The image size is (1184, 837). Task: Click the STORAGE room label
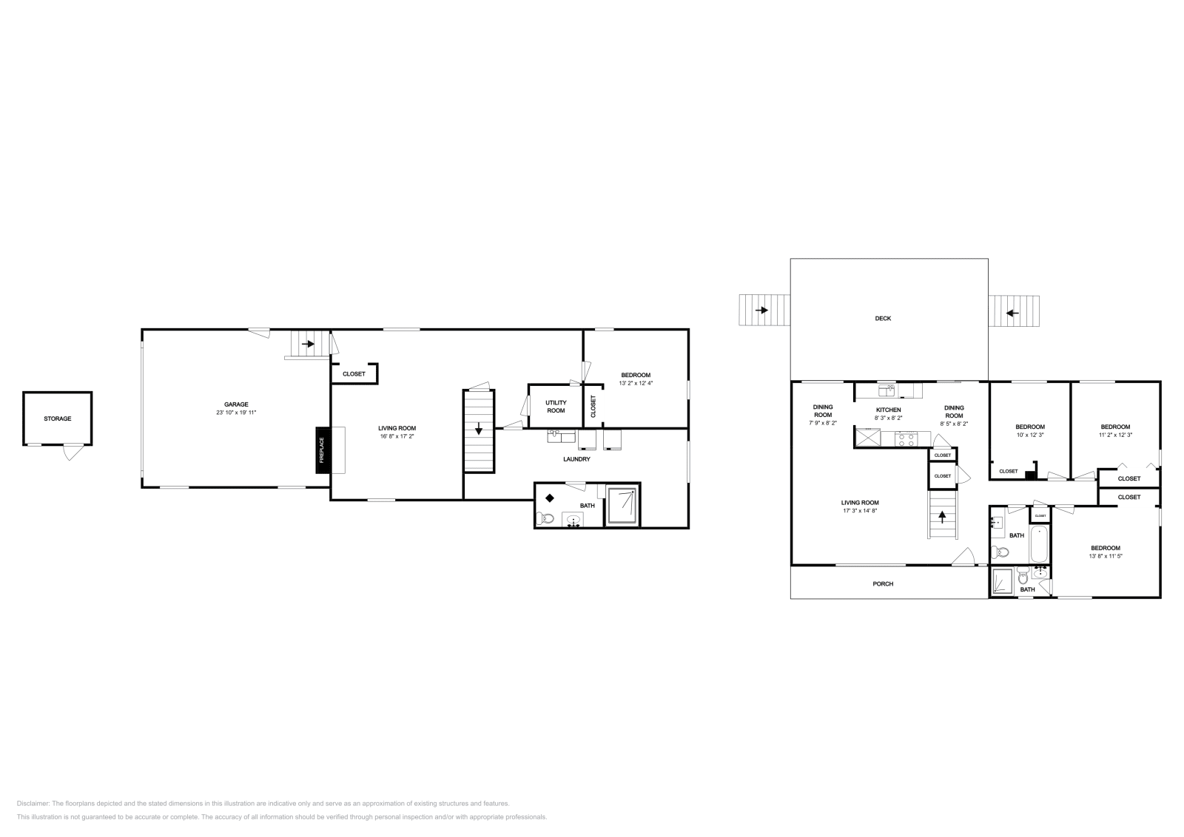57,418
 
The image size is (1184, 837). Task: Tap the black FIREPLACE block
322,450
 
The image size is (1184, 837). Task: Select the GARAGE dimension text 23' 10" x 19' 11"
236,412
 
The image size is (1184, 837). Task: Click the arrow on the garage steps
308,344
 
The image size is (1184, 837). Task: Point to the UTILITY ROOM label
556,407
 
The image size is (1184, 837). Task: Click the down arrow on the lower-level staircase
479,428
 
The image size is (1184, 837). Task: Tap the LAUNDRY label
576,459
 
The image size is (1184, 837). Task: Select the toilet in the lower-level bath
546,518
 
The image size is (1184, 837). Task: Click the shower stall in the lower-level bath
622,505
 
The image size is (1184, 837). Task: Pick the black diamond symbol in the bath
550,498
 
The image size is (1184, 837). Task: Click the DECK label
883,319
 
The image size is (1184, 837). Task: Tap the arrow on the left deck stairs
761,311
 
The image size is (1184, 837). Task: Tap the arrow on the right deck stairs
1012,312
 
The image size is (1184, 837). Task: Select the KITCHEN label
888,410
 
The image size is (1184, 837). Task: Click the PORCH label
883,584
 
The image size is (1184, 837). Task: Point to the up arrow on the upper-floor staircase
942,516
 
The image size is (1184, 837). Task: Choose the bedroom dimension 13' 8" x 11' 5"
1106,556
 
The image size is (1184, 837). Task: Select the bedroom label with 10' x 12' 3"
1029,427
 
